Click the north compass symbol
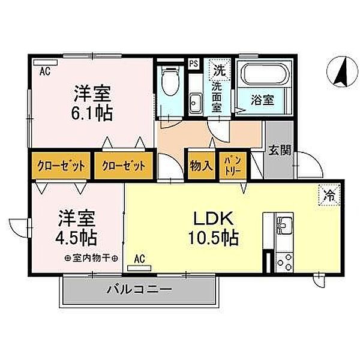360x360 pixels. coord(343,71)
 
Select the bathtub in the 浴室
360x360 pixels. coord(264,73)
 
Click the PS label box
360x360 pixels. coord(194,64)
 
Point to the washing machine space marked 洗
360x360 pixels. coord(220,70)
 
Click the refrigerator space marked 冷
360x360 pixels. coord(329,195)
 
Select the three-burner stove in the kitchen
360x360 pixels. coord(284,262)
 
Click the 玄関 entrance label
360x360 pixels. coord(280,151)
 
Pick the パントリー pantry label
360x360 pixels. coord(233,166)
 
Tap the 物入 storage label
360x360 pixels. coord(202,166)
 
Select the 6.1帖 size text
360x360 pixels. coord(92,113)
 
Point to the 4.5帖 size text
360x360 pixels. coord(76,238)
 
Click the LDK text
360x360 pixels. coord(214,219)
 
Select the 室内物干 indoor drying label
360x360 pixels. coord(91,259)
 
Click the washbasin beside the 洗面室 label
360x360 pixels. coord(196,103)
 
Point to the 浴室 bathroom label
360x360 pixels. coord(262,100)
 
